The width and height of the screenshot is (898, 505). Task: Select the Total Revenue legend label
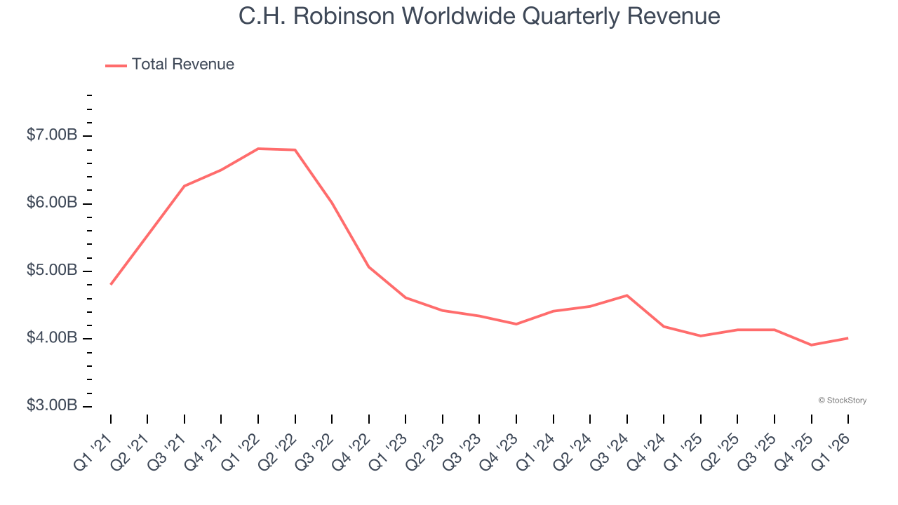[x=182, y=65]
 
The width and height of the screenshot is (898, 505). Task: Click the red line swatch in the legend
[x=116, y=65]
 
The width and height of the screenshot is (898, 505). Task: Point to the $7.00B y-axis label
[x=52, y=135]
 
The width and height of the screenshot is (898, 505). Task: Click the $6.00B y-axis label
[x=52, y=203]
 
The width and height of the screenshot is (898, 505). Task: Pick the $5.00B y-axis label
[x=52, y=271]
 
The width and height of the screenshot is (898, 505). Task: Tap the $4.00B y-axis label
[x=52, y=338]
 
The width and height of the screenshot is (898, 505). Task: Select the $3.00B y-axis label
[x=52, y=406]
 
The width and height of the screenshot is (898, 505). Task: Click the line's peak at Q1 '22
[x=258, y=149]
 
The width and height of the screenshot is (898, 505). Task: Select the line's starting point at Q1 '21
[x=111, y=284]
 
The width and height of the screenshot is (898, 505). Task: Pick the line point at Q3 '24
[x=626, y=295]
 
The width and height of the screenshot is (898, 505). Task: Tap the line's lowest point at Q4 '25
[x=811, y=345]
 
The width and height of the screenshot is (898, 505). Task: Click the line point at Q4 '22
[x=369, y=267]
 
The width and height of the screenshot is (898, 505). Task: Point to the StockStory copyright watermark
[x=842, y=400]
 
